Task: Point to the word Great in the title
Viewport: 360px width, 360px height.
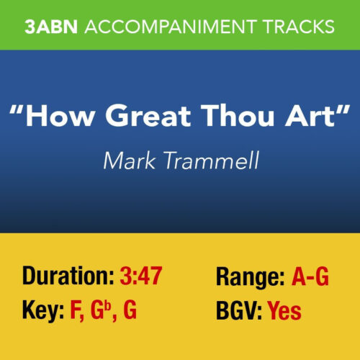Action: point(141,116)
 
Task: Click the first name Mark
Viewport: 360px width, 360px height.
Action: point(127,160)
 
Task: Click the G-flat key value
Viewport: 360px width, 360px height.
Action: point(100,311)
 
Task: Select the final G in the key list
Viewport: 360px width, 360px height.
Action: point(129,311)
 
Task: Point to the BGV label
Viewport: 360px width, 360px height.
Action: point(240,311)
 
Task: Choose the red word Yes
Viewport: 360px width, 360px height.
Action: point(284,311)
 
